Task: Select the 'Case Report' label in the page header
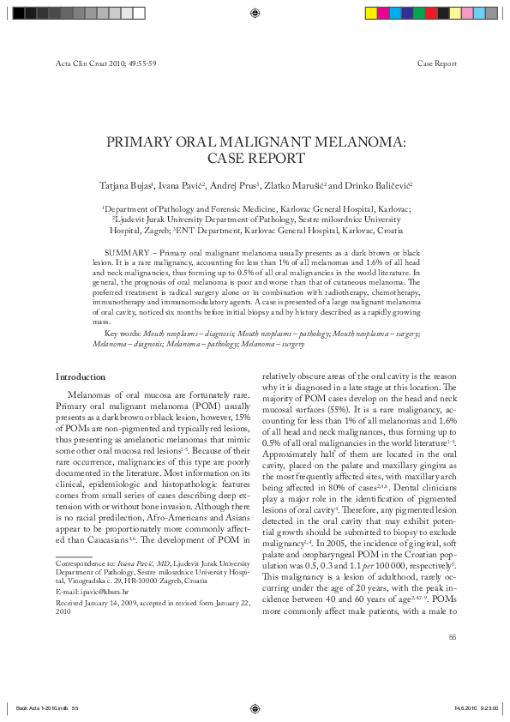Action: [x=436, y=64]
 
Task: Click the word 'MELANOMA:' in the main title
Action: [x=356, y=142]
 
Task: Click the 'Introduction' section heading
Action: [x=81, y=377]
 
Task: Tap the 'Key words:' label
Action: [x=123, y=332]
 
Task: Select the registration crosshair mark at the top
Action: [x=255, y=13]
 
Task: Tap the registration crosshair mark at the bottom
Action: [x=255, y=708]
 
